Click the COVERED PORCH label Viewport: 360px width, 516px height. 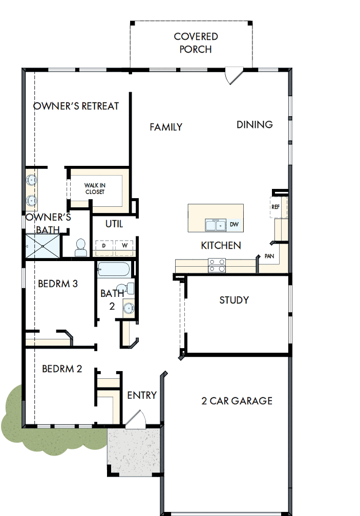[196, 43]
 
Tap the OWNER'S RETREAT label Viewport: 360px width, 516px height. [76, 106]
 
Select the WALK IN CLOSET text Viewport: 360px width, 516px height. [95, 189]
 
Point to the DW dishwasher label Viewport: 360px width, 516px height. [234, 224]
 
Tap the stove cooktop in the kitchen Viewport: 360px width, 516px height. [217, 265]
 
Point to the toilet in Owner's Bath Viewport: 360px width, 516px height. [81, 248]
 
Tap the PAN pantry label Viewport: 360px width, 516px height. [269, 255]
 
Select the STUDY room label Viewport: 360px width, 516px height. [234, 300]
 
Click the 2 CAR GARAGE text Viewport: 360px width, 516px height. [237, 401]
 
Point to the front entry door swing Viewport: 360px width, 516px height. [136, 419]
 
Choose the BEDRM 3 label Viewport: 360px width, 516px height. [58, 284]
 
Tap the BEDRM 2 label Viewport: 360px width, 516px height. [61, 369]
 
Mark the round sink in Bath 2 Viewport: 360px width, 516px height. [128, 308]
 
